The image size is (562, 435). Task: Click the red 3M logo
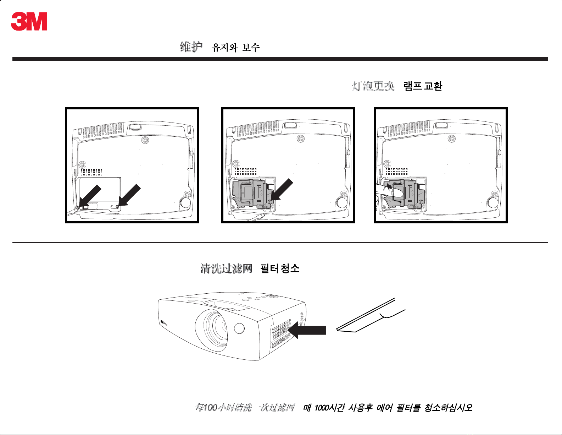click(29, 22)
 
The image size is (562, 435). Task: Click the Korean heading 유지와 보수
click(235, 47)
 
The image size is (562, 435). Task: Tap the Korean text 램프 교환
click(423, 86)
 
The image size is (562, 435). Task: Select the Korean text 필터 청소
click(280, 268)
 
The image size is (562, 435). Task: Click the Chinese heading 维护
click(191, 47)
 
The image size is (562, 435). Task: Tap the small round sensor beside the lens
click(240, 328)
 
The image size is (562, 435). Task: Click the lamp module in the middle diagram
click(252, 194)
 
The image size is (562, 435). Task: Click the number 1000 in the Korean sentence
click(321, 408)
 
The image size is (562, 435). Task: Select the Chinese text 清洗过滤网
click(226, 268)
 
